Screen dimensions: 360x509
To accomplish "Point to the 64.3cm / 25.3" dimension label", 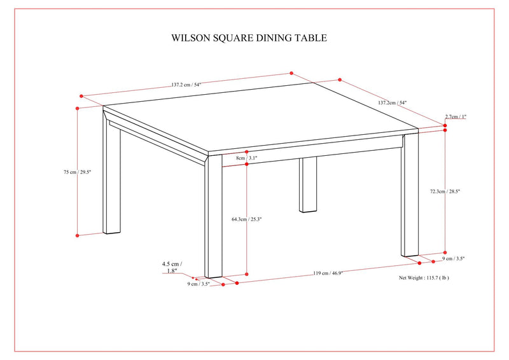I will click(246, 219).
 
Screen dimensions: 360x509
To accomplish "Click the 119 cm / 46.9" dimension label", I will click(328, 273).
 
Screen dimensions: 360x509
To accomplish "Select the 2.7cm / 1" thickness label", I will click(456, 116).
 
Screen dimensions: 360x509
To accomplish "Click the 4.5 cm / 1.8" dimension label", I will click(172, 267).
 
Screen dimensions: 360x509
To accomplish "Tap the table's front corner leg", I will click(213, 223).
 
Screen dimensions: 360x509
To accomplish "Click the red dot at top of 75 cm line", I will click(78, 108).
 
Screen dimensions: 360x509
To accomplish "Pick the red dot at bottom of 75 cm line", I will click(78, 235).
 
